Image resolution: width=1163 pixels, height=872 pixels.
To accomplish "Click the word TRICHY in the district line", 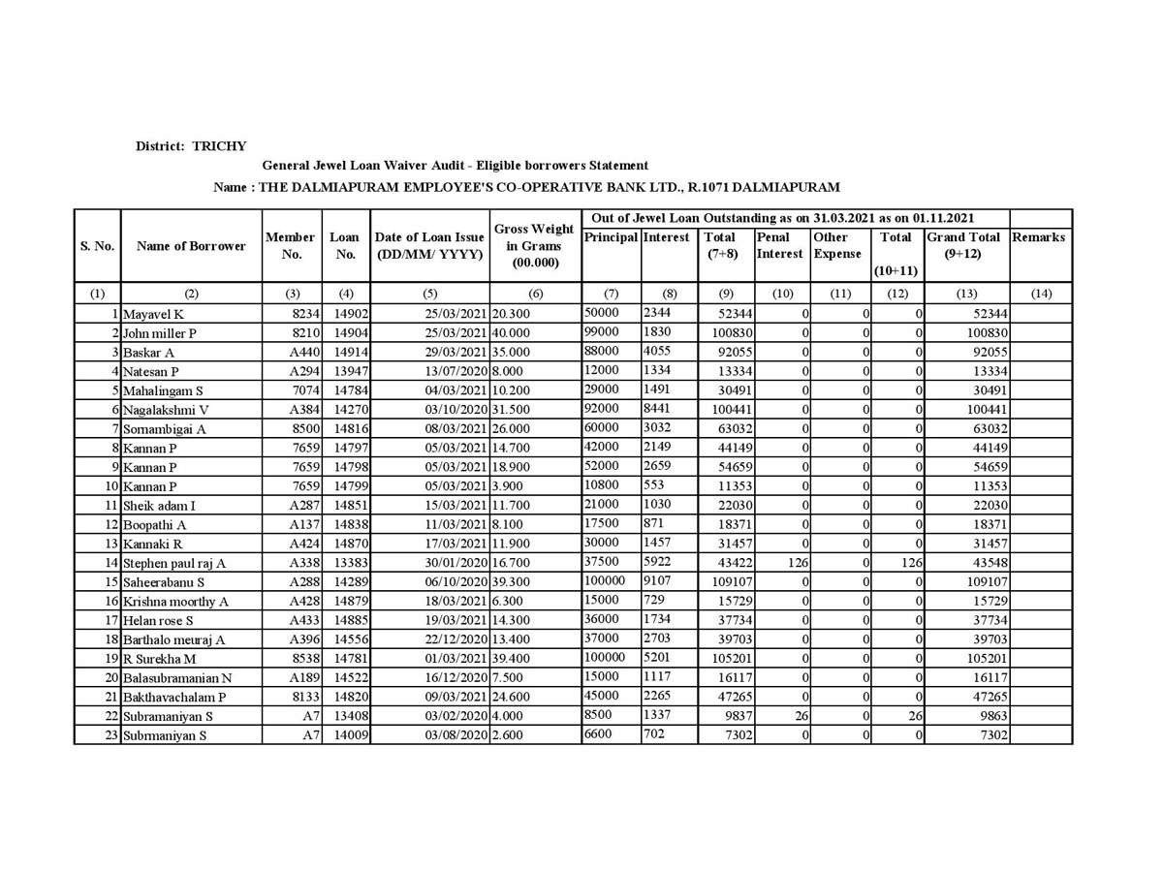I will point(219,146).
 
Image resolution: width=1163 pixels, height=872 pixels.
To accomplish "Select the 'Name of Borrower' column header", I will point(191,246).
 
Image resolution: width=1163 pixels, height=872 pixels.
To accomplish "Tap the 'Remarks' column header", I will point(1038,237).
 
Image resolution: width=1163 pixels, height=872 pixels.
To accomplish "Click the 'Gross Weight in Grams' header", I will point(534,246).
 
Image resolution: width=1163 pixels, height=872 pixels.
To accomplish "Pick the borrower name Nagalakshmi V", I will point(166,410).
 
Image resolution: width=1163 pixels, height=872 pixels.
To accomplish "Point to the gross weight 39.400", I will point(512,659).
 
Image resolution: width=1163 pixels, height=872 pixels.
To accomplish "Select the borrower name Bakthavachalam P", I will point(174,698).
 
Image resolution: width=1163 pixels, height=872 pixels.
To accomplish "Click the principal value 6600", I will point(599,733).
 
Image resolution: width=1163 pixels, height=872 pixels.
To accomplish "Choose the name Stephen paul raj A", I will point(174,563).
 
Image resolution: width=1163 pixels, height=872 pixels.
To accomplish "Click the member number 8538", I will point(293,659).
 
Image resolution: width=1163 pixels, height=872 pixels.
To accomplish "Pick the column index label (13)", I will point(966,294).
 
